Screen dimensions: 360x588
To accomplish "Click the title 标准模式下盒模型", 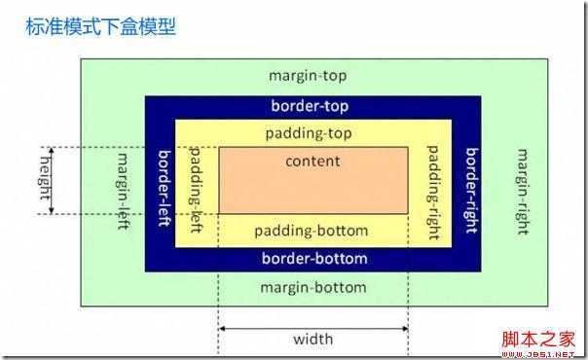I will (100, 26).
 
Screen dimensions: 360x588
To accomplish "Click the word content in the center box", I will (313, 162).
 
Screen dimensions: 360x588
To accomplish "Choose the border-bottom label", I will (313, 259).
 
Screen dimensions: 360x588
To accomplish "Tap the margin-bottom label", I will (313, 288).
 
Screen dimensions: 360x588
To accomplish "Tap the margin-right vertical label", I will (523, 191).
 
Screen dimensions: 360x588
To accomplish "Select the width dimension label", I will (312, 340).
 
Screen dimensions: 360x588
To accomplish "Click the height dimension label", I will (44, 181).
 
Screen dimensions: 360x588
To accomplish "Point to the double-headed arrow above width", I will (313, 328).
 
